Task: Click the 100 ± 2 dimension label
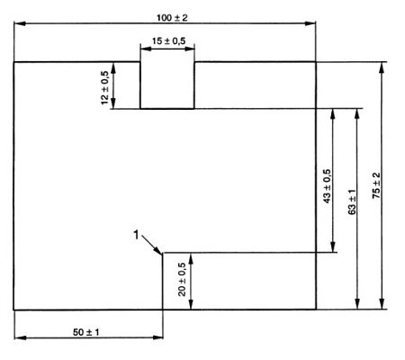click(165, 17)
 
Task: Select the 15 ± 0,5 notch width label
click(167, 40)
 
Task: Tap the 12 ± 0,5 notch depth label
click(106, 86)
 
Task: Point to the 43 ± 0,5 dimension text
click(326, 184)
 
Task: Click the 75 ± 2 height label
click(376, 186)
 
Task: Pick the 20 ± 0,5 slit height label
click(183, 280)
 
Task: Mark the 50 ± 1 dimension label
click(86, 332)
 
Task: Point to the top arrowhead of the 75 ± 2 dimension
click(383, 65)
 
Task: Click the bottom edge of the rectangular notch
click(167, 109)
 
